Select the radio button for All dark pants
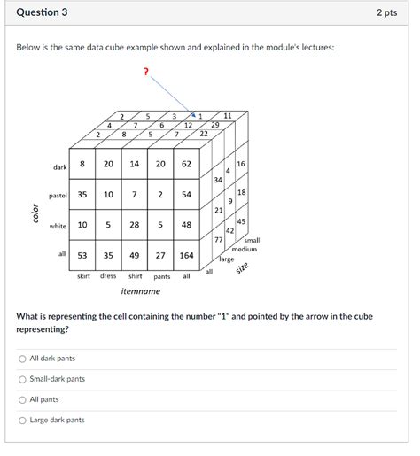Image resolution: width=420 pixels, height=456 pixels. pos(22,359)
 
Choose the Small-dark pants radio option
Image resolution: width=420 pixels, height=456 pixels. pos(22,379)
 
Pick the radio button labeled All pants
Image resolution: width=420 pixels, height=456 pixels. pos(22,399)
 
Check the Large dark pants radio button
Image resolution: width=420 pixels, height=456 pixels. pos(22,420)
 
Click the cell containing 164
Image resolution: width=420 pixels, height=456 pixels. pos(186,255)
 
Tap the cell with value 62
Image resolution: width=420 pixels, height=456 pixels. pos(186,164)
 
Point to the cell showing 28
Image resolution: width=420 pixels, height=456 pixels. pos(135,225)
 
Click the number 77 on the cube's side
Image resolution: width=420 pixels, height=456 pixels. pos(218,239)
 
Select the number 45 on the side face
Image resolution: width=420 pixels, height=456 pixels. pos(241,221)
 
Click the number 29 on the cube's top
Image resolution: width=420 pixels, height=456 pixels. pos(214,126)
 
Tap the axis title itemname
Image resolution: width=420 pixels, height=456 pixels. pos(141,290)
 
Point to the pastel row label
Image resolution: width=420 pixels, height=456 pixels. pos(58,195)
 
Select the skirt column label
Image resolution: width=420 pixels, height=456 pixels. pos(82,276)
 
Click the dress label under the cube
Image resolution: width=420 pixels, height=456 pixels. pos(108,276)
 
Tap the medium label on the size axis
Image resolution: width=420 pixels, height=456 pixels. pos(245,249)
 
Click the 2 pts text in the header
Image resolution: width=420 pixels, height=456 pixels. pos(385,12)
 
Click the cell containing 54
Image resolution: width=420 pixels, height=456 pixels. pos(186,195)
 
